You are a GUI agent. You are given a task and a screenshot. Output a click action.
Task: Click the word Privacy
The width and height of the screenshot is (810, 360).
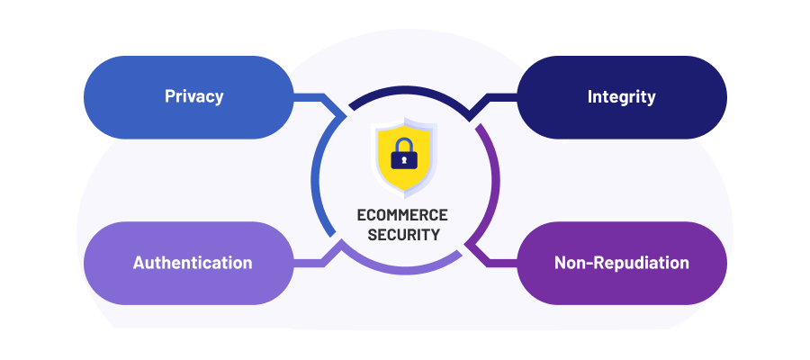pyautogui.click(x=193, y=96)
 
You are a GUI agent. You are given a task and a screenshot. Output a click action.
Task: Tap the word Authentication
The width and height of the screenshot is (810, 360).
pyautogui.click(x=193, y=263)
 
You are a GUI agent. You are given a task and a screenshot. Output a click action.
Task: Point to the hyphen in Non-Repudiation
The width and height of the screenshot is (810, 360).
pyautogui.click(x=591, y=264)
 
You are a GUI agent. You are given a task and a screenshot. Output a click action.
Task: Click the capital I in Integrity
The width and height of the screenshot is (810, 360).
pyautogui.click(x=590, y=96)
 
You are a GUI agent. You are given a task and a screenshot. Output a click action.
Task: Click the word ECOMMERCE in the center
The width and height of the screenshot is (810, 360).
pyautogui.click(x=402, y=216)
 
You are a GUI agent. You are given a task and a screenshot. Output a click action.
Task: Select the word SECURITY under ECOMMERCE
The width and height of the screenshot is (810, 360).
pyautogui.click(x=402, y=235)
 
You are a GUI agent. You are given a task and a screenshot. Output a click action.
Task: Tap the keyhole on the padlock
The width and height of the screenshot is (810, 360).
pyautogui.click(x=404, y=160)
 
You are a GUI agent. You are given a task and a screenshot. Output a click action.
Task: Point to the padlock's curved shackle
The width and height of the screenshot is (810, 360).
pyautogui.click(x=404, y=143)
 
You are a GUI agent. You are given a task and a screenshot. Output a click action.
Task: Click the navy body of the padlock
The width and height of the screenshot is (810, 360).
pyautogui.click(x=395, y=163)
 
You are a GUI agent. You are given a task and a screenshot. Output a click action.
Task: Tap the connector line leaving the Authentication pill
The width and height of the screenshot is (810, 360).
pyautogui.click(x=310, y=263)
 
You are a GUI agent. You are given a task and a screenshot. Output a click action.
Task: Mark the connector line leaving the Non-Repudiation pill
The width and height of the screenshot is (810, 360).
pyautogui.click(x=499, y=263)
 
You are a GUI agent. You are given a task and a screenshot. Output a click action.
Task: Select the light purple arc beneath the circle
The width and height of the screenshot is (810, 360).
pyautogui.click(x=404, y=270)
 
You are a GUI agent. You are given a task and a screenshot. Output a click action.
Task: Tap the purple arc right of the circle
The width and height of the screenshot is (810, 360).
pyautogui.click(x=493, y=180)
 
